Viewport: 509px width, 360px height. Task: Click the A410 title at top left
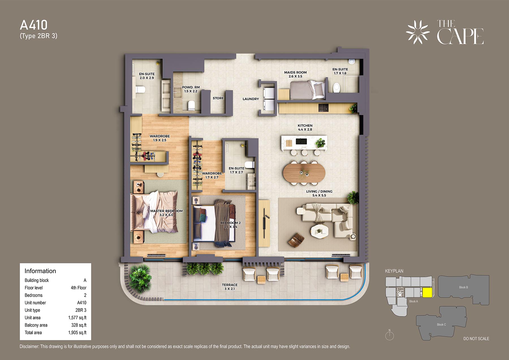tap(34, 25)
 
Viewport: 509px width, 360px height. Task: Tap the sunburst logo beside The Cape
tap(418, 32)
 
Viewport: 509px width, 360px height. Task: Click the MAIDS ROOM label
tap(295, 72)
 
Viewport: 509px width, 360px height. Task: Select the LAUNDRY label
tap(251, 99)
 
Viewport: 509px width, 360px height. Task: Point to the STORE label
tap(218, 98)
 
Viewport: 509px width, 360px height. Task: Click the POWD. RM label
tap(191, 87)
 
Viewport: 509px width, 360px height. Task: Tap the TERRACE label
tap(230, 285)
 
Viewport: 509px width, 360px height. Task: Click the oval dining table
tap(304, 173)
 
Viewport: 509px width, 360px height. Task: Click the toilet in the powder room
tap(191, 105)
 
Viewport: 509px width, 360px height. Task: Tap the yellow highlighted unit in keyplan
tap(427, 293)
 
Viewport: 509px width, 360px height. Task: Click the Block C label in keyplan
tap(441, 324)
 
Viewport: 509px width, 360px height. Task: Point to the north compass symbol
tap(389, 335)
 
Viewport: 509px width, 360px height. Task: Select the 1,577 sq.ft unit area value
tap(77, 318)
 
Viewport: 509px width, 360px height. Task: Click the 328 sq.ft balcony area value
tap(79, 325)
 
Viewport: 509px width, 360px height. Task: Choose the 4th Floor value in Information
tap(79, 288)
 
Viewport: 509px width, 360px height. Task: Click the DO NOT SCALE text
tap(476, 339)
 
